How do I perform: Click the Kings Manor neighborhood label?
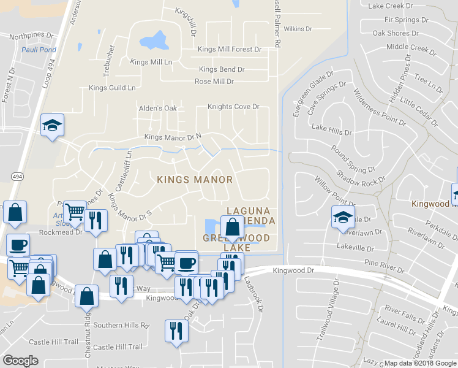195,180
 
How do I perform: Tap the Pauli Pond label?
39,50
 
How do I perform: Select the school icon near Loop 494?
53,126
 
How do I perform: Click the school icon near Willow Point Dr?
343,217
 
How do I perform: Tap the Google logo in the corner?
20,361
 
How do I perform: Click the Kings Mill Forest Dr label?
230,49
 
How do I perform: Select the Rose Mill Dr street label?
214,82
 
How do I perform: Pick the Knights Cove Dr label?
233,107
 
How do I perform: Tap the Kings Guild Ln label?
112,88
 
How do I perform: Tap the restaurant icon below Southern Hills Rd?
176,331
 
